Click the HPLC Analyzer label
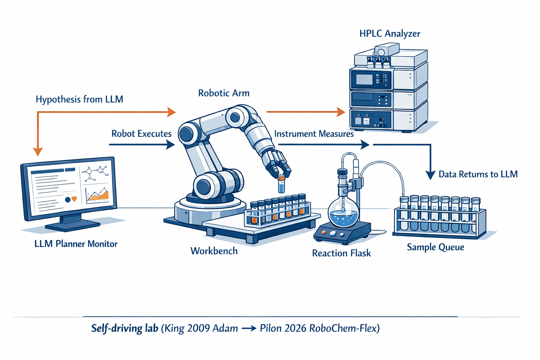pyautogui.click(x=390, y=33)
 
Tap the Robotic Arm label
pyautogui.click(x=224, y=93)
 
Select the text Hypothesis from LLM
pyautogui.click(x=79, y=99)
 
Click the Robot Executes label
pyautogui.click(x=141, y=134)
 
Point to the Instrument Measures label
pyautogui.click(x=314, y=134)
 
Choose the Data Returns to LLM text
pyautogui.click(x=478, y=174)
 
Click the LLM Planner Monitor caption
pyautogui.click(x=76, y=244)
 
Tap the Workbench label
pyautogui.click(x=214, y=251)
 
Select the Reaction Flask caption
pyautogui.click(x=341, y=253)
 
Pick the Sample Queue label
pyautogui.click(x=435, y=247)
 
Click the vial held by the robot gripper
pyautogui.click(x=281, y=184)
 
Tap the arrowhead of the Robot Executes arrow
pyautogui.click(x=171, y=145)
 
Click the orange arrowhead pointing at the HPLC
pyautogui.click(x=341, y=112)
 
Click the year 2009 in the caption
pyautogui.click(x=200, y=328)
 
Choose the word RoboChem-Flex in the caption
pyautogui.click(x=342, y=328)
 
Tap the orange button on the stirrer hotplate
pyautogui.click(x=324, y=232)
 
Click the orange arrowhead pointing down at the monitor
pyautogui.click(x=38, y=152)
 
